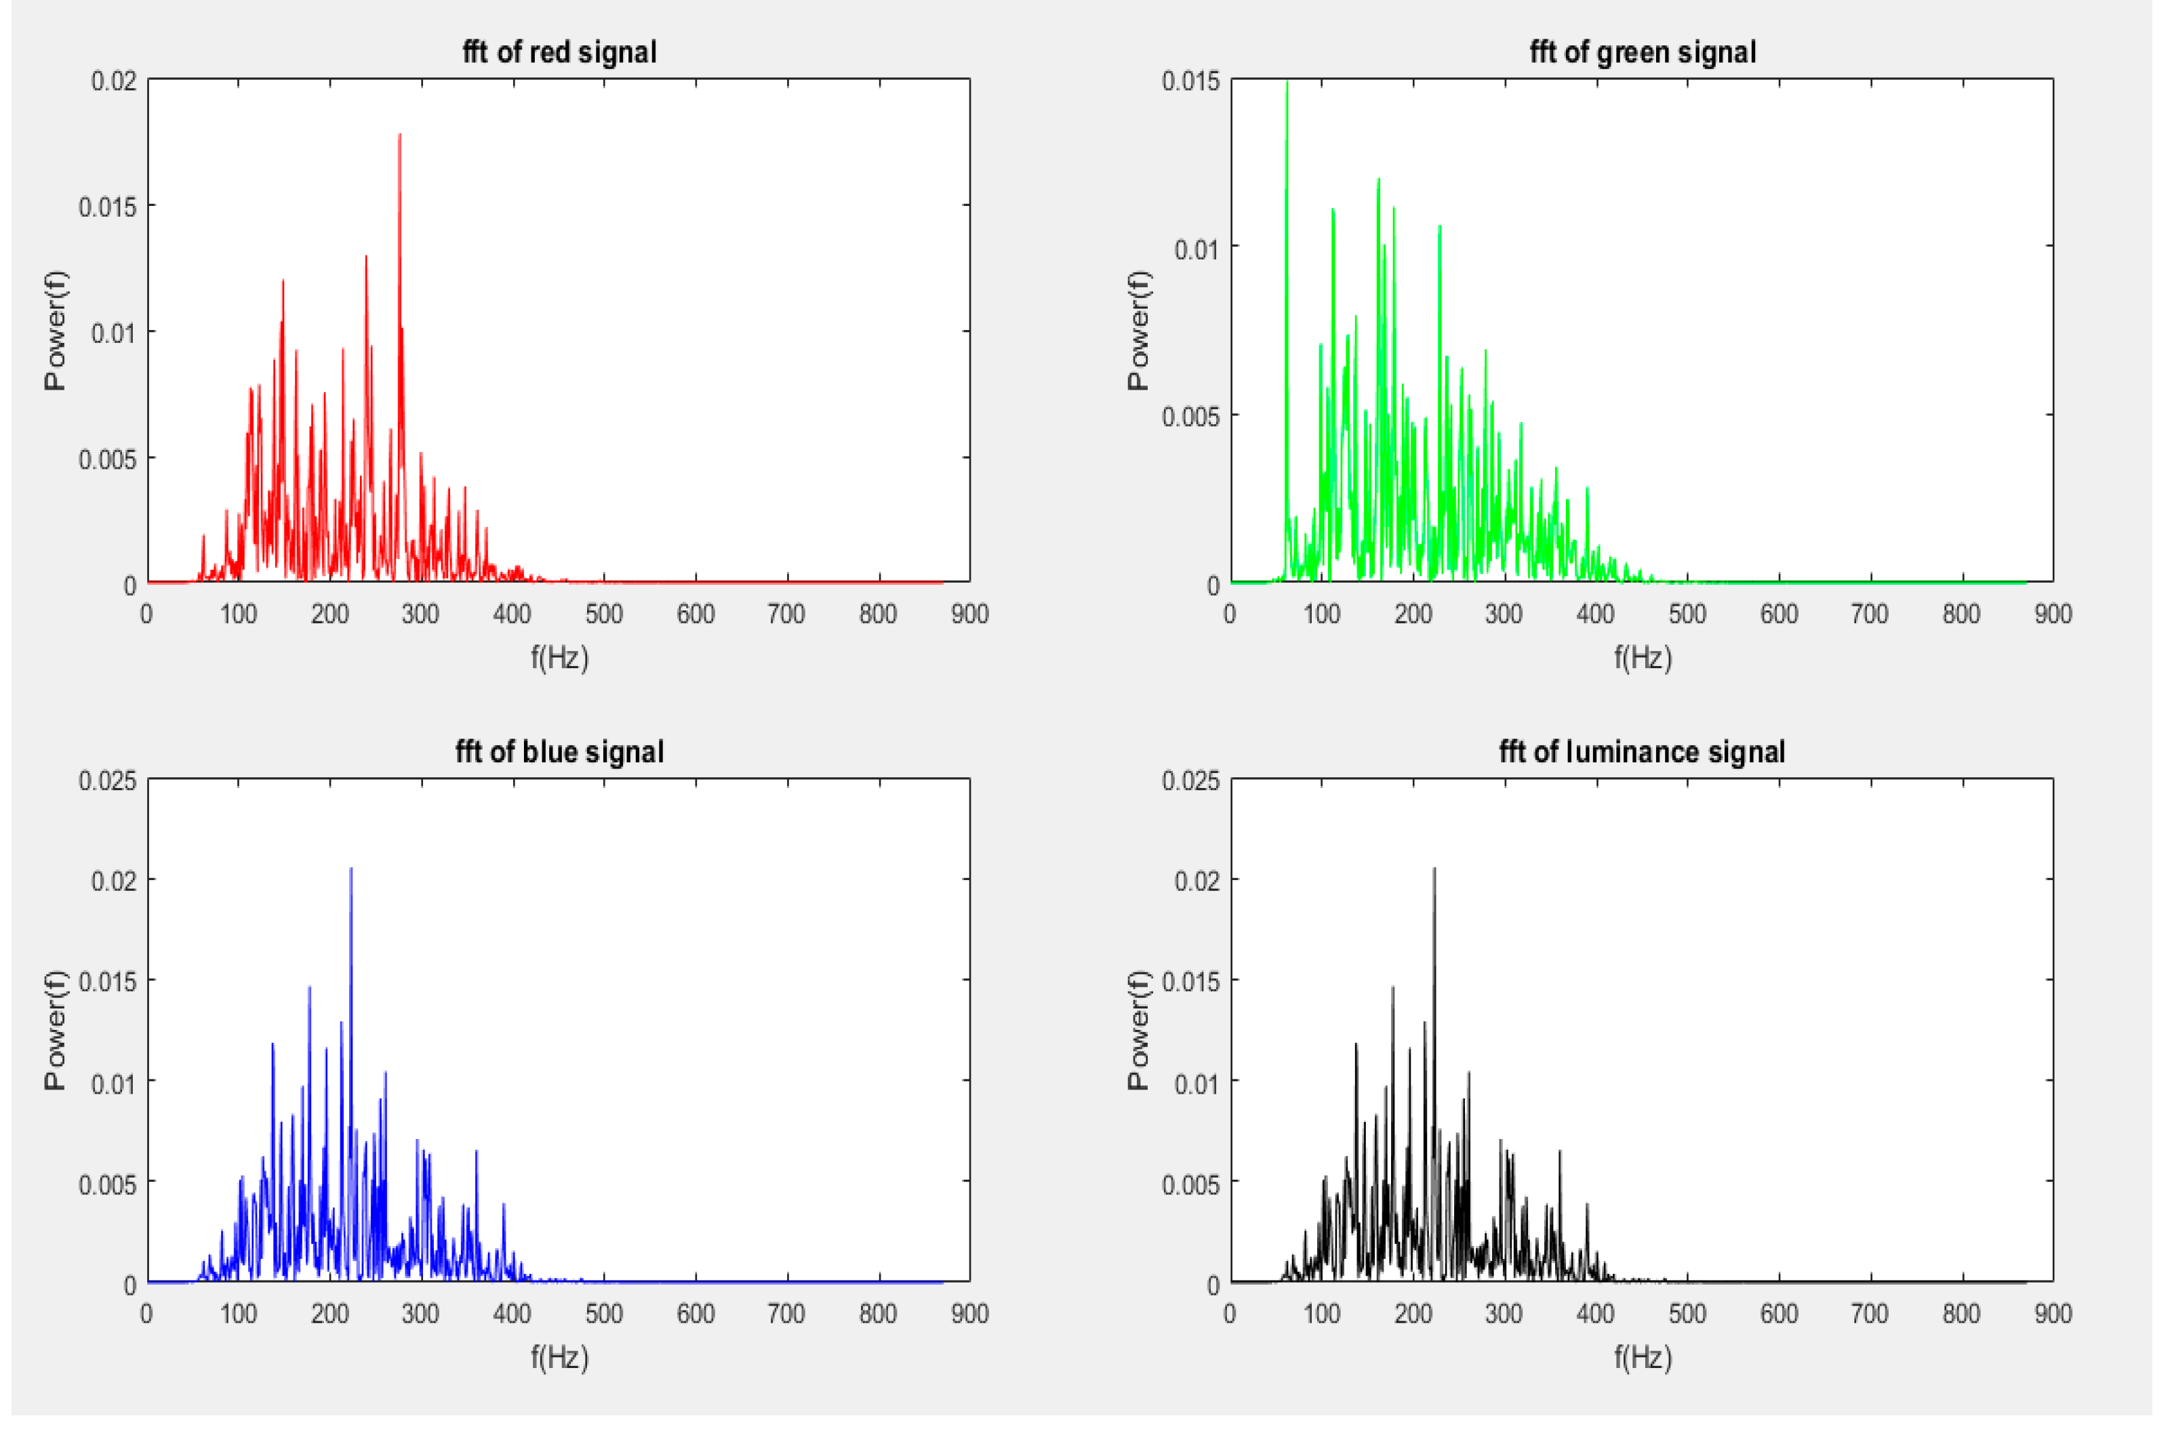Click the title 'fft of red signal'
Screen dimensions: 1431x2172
pyautogui.click(x=559, y=52)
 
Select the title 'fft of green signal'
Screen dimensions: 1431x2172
pyautogui.click(x=1643, y=52)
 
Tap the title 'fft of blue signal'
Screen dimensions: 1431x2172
pyautogui.click(x=559, y=752)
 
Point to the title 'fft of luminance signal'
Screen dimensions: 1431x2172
pyautogui.click(x=1642, y=752)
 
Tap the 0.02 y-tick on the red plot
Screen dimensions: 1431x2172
pyautogui.click(x=113, y=81)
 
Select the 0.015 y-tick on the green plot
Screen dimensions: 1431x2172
pyautogui.click(x=1190, y=81)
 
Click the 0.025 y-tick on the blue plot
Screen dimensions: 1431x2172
pyautogui.click(x=107, y=781)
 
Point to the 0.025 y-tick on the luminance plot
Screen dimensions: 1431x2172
pyautogui.click(x=1190, y=781)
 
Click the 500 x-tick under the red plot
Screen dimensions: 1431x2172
pyautogui.click(x=603, y=614)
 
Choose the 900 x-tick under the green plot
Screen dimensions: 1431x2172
pyautogui.click(x=2053, y=614)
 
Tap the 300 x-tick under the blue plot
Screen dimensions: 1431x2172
pyautogui.click(x=420, y=1314)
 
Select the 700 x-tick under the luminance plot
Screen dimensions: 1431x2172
pyautogui.click(x=1870, y=1314)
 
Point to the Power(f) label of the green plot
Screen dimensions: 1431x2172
pyautogui.click(x=1138, y=331)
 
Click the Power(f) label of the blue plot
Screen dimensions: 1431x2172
pyautogui.click(x=55, y=1031)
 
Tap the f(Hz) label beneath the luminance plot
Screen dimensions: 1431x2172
pyautogui.click(x=1643, y=1358)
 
